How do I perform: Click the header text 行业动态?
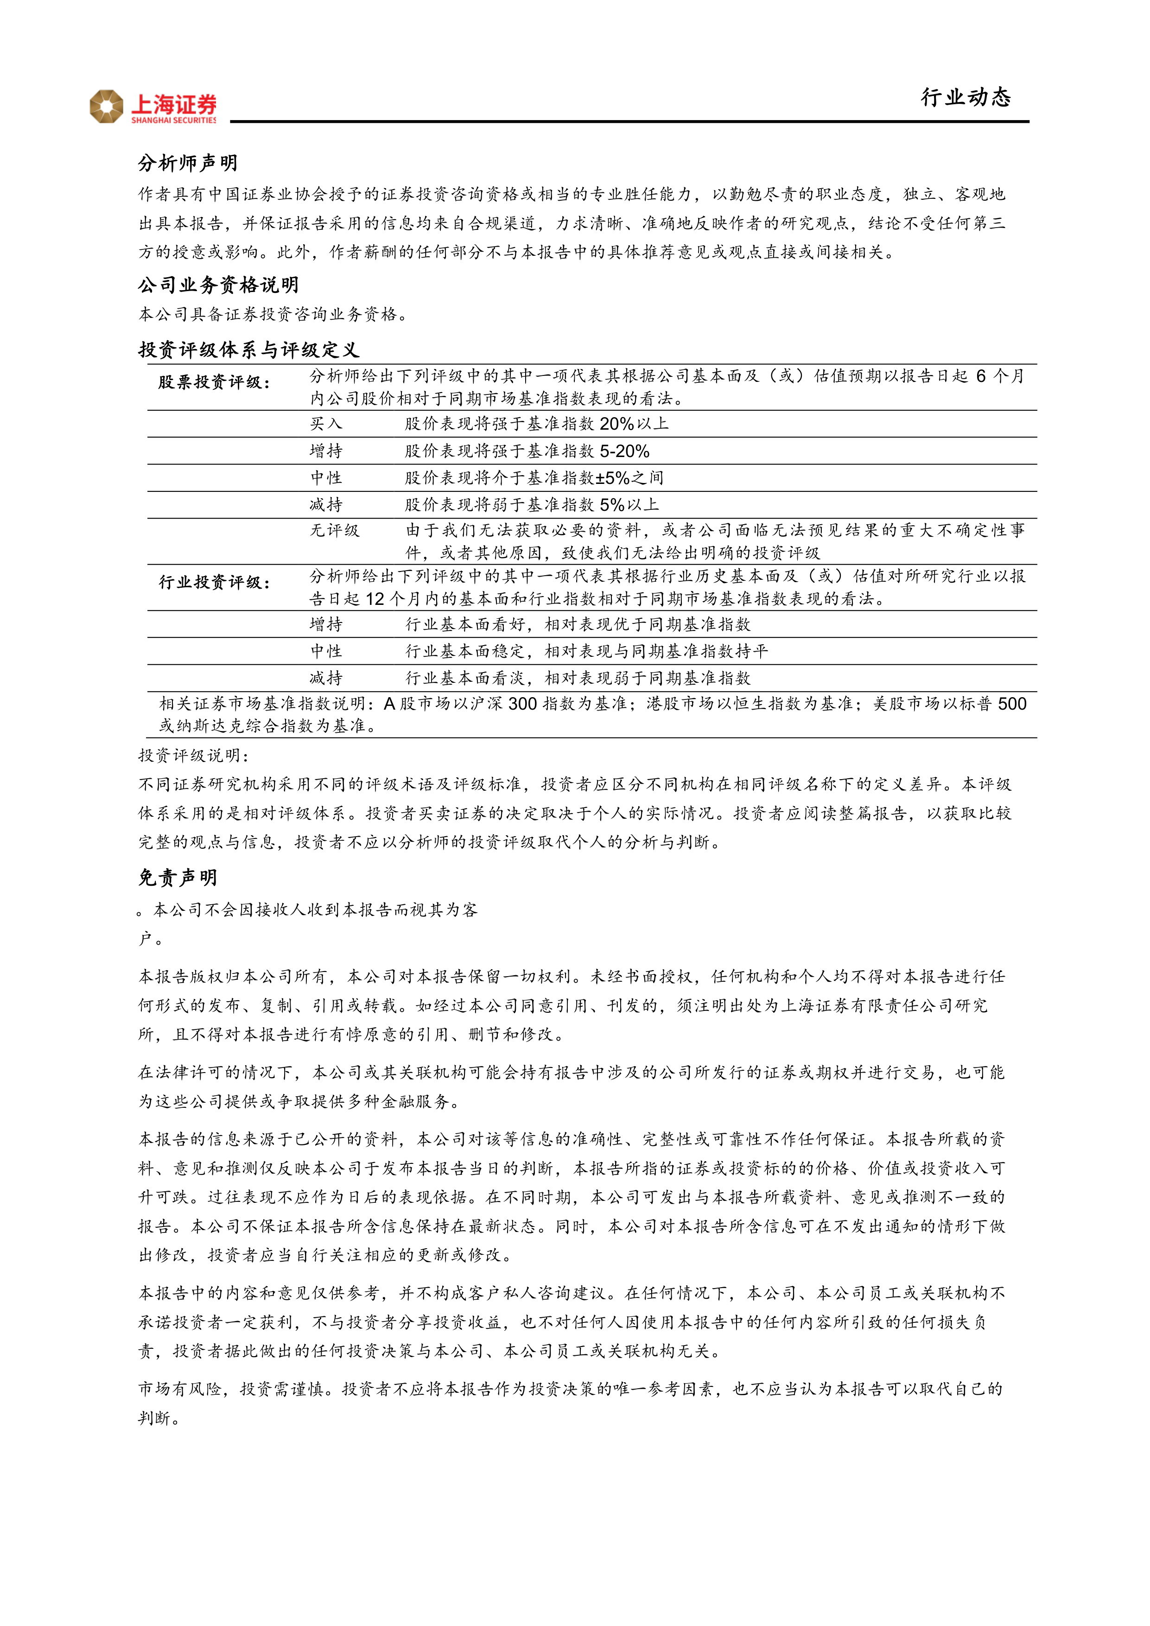[966, 97]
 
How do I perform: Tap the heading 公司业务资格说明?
[218, 285]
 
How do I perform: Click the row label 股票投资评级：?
[214, 382]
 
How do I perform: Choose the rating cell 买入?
[326, 424]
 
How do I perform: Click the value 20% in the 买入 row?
[616, 424]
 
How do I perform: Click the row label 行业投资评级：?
[214, 583]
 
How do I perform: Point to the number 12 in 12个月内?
[375, 599]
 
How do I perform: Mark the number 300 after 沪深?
[522, 703]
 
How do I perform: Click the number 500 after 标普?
[1011, 703]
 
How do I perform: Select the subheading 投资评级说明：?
[193, 756]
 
